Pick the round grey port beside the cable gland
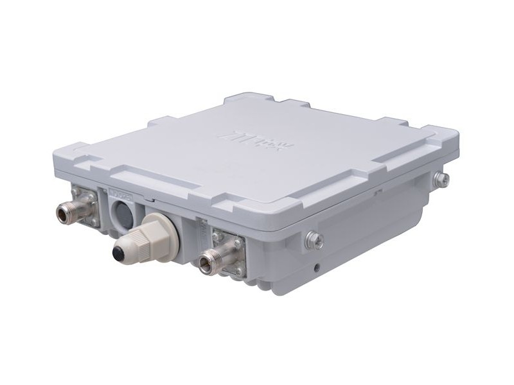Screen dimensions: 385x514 pyautogui.click(x=121, y=211)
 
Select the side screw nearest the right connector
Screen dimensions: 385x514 pyautogui.click(x=314, y=240)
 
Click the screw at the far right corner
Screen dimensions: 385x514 pyautogui.click(x=440, y=179)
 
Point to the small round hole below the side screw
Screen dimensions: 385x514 pyautogui.click(x=317, y=264)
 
